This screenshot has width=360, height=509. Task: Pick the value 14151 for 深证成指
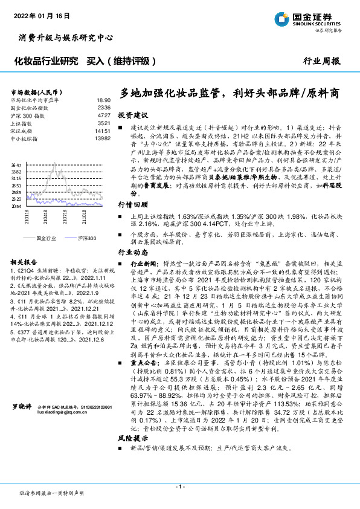pos(102,131)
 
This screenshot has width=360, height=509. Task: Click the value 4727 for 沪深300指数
pos(104,115)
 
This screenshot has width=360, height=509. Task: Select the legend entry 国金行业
pos(46,239)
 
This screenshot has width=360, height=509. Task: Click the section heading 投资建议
pos(132,115)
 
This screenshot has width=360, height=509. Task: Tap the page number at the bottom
pos(179,486)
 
